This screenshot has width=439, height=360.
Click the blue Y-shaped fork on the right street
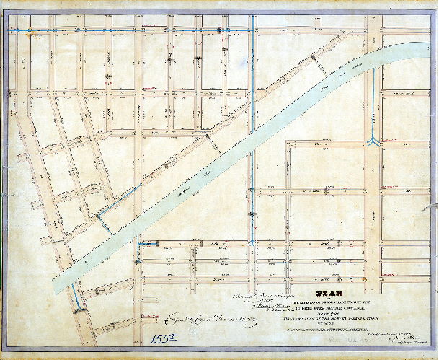[x=373, y=141]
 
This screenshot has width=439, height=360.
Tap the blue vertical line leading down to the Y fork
[x=373, y=101]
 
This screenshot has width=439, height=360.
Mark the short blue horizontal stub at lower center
[x=148, y=245]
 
